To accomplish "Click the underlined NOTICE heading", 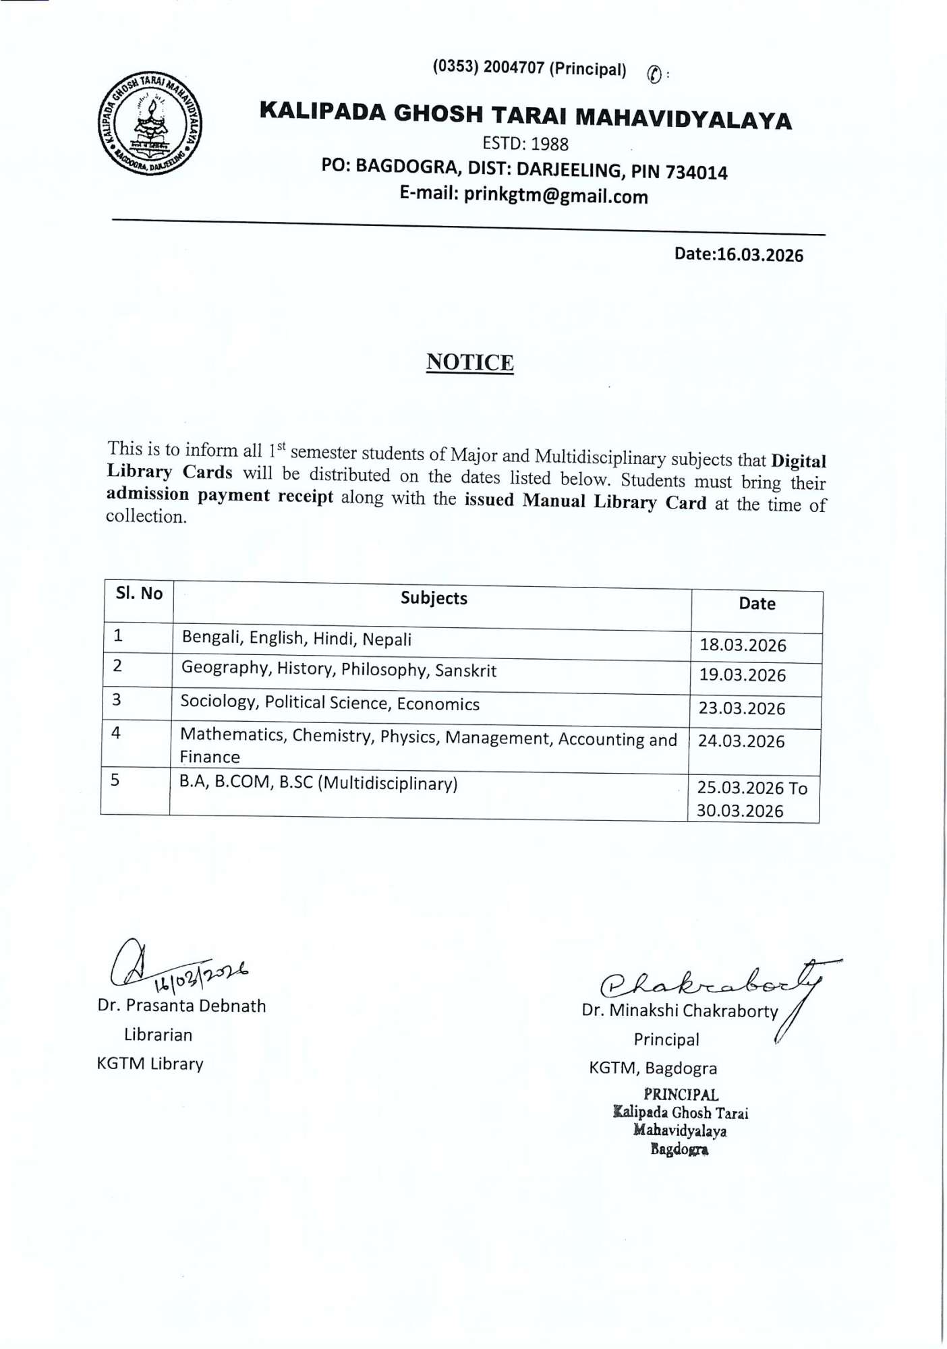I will pos(469,362).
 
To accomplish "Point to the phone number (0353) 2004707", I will pos(488,67).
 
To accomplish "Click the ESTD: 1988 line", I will pos(525,144).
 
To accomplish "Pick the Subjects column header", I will pos(433,598).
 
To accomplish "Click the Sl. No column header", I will pos(139,594).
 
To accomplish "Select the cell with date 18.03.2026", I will pos(743,645).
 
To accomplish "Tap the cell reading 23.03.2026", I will pos(742,708).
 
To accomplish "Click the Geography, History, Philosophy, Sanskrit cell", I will pos(339,669).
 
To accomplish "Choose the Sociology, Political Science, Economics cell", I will pos(330,703).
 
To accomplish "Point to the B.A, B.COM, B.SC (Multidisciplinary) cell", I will pos(318,783).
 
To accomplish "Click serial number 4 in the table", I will pos(116,733).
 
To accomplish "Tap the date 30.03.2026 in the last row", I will pos(739,811).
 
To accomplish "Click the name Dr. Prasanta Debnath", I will pos(181,1006).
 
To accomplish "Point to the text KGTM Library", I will pos(150,1064).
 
